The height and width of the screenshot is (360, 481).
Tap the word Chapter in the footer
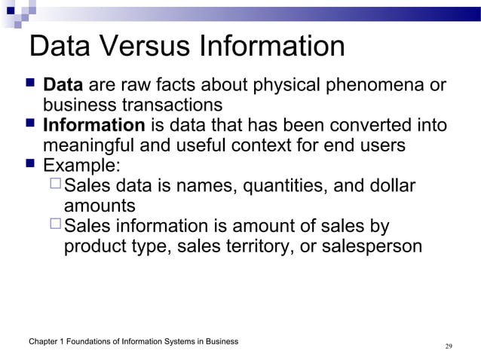click(44, 342)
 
